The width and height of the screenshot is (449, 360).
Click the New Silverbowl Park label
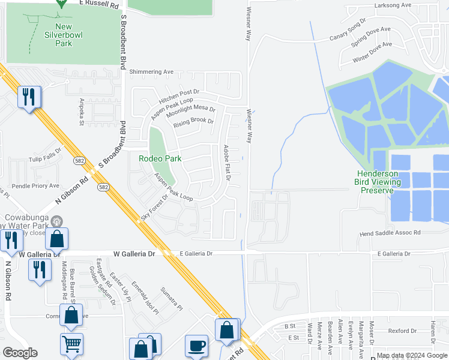(63, 35)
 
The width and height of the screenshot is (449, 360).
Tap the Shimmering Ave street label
(151, 72)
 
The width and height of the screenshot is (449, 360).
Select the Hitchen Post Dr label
(179, 95)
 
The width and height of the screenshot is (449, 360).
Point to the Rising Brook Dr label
(193, 123)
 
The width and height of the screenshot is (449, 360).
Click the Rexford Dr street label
(402, 331)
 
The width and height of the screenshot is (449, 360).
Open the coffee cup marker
(196, 346)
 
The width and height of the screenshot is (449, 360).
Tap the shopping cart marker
(71, 344)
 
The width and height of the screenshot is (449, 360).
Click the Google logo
(20, 353)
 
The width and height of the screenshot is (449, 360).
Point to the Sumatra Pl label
(170, 297)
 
